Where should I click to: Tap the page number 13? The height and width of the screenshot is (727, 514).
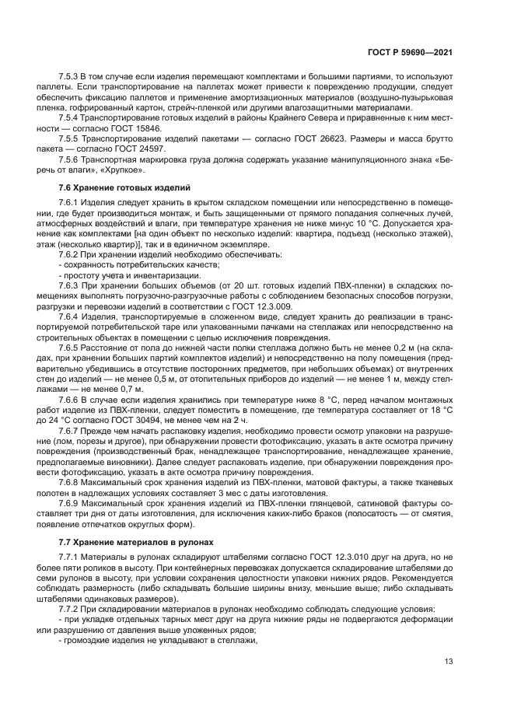pyautogui.click(x=448, y=662)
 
